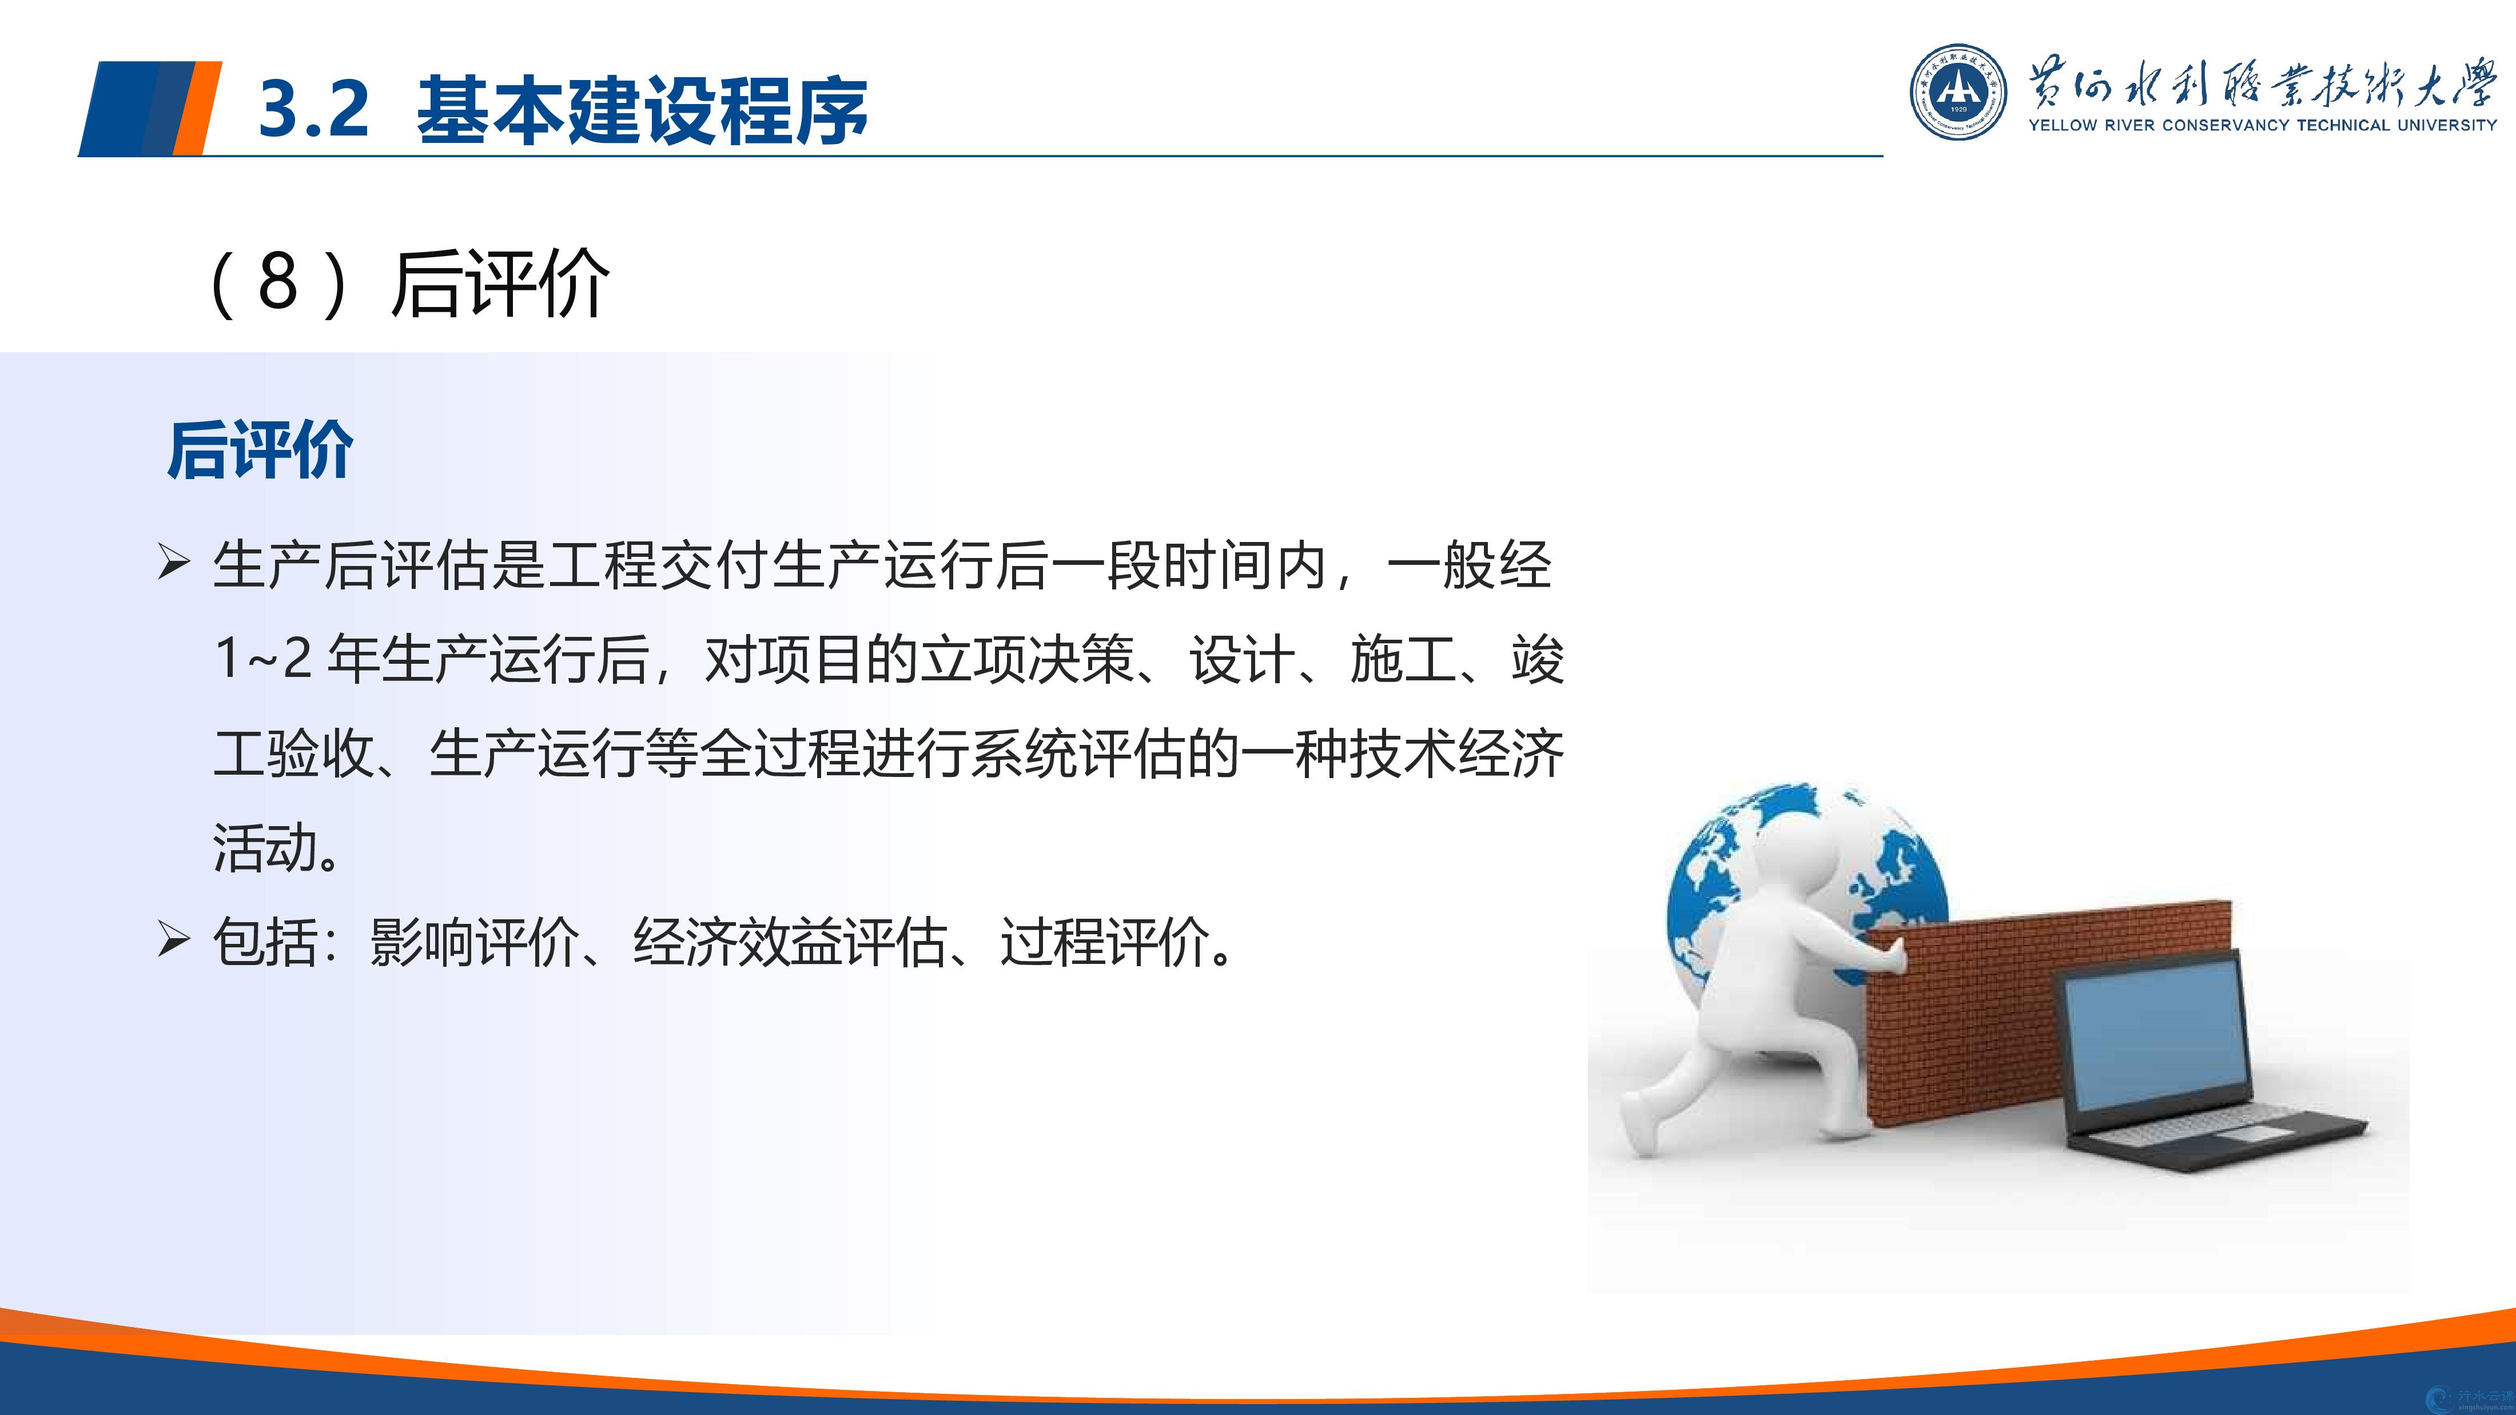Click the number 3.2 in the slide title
(x=314, y=109)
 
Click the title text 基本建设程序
(x=642, y=109)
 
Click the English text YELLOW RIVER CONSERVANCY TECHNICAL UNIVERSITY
(x=2262, y=125)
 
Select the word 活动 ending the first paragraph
(x=266, y=847)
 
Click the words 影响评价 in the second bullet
(x=475, y=942)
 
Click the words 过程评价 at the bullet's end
(x=1105, y=942)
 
